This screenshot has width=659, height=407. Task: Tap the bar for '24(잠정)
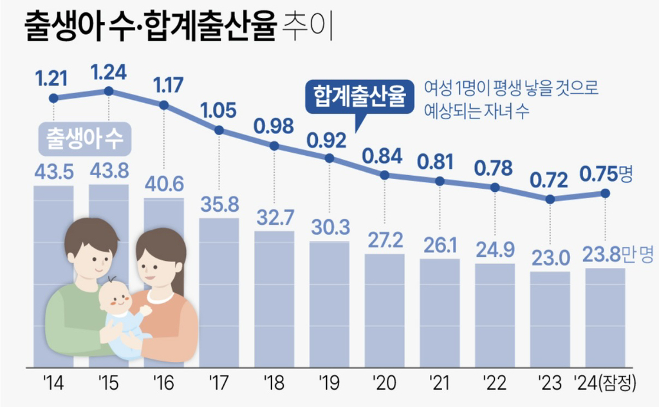tap(605, 315)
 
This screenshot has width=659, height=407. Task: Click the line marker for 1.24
tap(108, 91)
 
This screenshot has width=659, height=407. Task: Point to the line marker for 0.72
tap(550, 199)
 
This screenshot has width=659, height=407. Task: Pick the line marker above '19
tap(329, 158)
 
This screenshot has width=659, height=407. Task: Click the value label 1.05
tap(219, 109)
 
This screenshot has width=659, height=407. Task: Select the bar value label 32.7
tap(274, 219)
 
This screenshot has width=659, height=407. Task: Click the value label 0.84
tap(384, 155)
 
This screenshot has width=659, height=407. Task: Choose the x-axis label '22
tap(494, 384)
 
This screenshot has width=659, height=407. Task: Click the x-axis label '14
tap(53, 384)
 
